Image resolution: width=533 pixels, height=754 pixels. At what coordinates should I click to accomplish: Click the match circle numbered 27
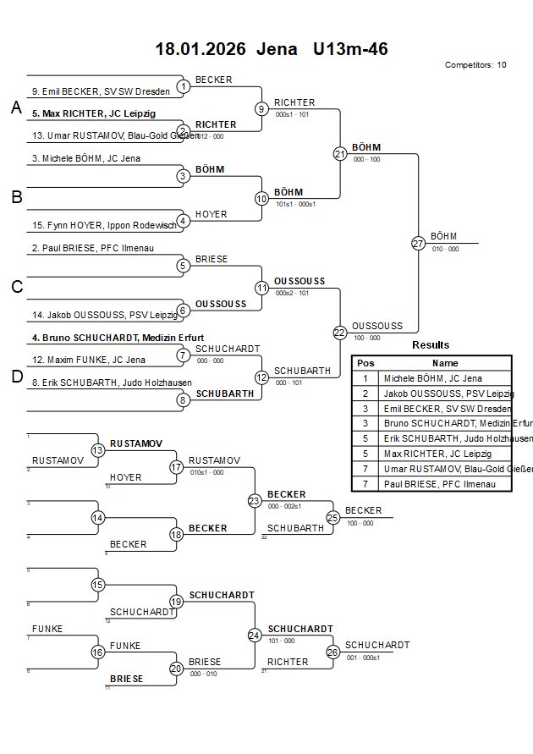coord(418,243)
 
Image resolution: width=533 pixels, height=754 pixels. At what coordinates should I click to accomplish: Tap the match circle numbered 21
coord(340,154)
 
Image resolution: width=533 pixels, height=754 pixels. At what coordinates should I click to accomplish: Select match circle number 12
coord(261,377)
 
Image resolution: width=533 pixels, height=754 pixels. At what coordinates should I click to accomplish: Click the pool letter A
coord(16,107)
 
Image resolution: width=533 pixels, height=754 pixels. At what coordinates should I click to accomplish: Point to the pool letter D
coord(16,377)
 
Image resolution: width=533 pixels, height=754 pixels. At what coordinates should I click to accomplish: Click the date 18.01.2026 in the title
coord(201,49)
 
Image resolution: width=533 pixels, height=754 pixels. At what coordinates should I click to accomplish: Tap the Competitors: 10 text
coord(475,65)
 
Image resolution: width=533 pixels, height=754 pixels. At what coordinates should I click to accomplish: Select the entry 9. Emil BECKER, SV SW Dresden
coord(101,91)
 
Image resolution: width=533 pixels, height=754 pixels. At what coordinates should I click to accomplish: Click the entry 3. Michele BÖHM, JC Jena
coord(86,158)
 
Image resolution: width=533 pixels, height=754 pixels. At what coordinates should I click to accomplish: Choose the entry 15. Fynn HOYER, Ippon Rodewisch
coord(104,225)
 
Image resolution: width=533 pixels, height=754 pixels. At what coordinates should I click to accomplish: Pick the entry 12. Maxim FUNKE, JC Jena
coord(89,360)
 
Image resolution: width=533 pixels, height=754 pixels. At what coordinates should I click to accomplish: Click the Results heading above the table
coord(431,345)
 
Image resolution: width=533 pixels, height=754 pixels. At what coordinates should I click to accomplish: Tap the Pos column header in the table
coord(365,363)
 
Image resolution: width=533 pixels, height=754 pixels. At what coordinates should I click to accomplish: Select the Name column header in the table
coord(445,363)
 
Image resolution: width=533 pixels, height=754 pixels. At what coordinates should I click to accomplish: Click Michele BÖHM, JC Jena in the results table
coord(432,378)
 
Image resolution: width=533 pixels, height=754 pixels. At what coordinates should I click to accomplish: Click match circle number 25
coord(333,517)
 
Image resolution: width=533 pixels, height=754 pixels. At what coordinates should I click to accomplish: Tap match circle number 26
coord(333,652)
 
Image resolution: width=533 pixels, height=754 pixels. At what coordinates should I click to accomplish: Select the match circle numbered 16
coord(98,652)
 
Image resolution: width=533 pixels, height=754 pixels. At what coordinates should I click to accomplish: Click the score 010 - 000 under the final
coord(445,249)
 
